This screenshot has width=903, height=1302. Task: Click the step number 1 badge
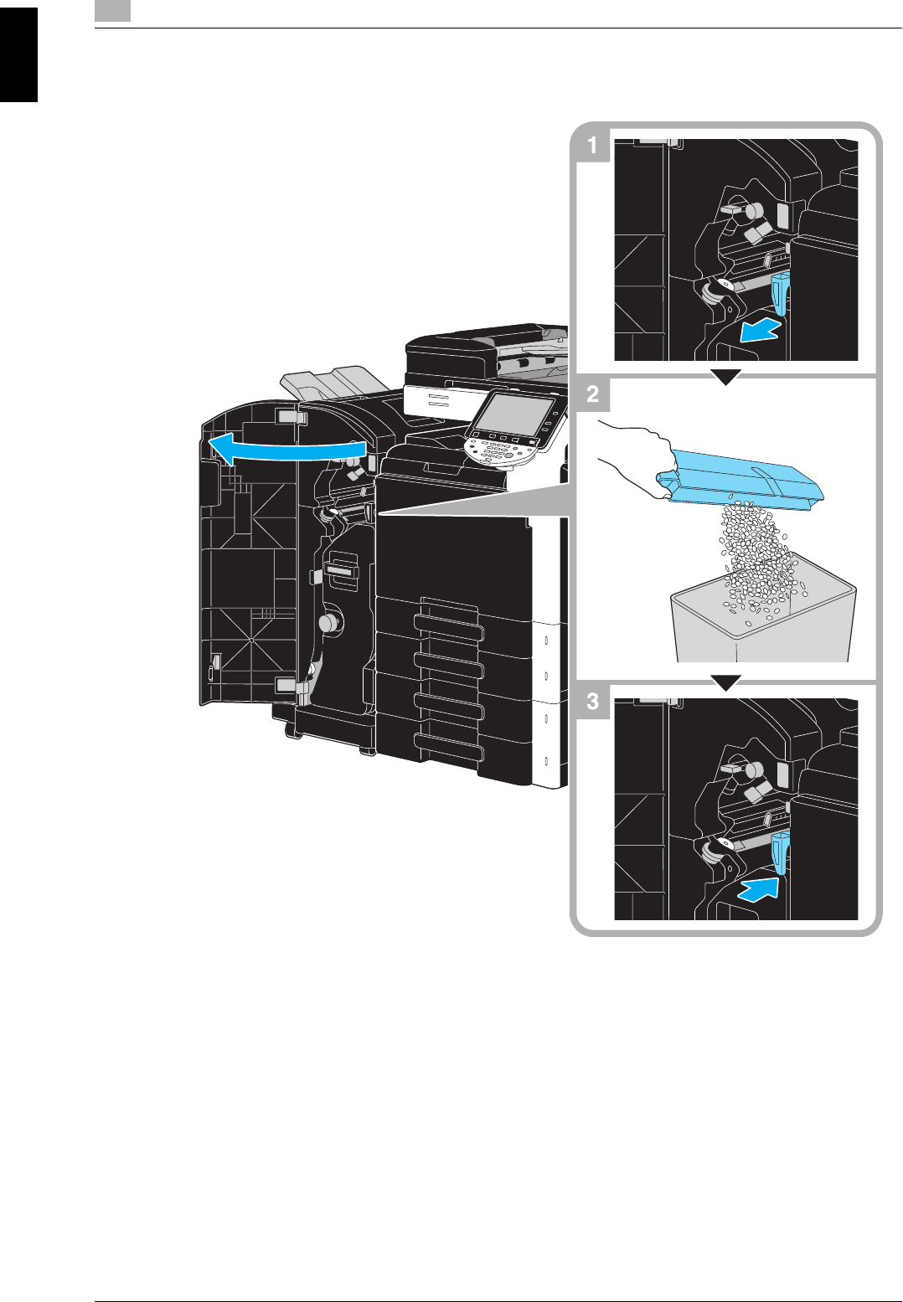(592, 146)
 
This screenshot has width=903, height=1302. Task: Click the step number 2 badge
(592, 394)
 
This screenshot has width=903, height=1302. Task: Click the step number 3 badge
(592, 702)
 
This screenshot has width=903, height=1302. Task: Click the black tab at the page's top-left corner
(18, 55)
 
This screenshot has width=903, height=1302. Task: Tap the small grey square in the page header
(112, 10)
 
